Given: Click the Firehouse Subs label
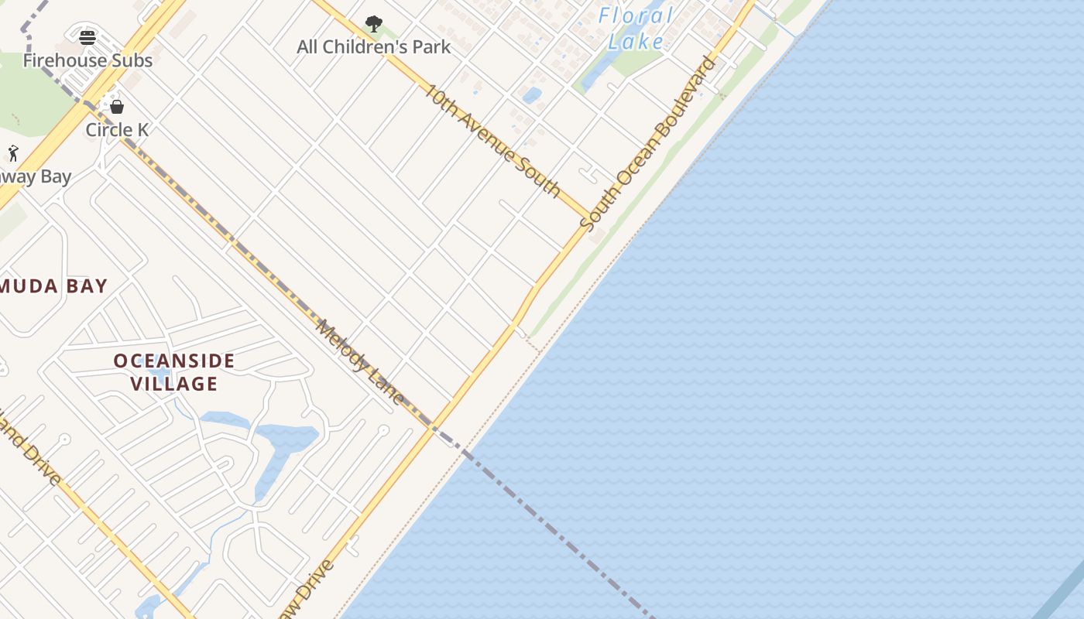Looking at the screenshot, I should click(x=87, y=60).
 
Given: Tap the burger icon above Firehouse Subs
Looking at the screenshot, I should click(x=87, y=38).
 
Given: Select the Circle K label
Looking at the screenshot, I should click(x=117, y=130).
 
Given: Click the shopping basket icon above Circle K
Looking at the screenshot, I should click(x=117, y=107).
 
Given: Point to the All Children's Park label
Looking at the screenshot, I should click(x=373, y=47).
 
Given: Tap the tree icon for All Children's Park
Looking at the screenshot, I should click(x=373, y=24).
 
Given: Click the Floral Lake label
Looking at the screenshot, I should click(x=636, y=29).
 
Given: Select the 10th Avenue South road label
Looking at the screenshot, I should click(x=492, y=139).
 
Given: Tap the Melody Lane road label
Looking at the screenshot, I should click(x=360, y=362).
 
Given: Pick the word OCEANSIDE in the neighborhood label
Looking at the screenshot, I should click(x=174, y=361).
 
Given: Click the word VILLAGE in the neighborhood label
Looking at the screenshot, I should click(x=174, y=384).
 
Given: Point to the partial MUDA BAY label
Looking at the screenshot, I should click(x=53, y=286).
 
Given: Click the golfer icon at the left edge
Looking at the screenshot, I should click(x=12, y=152).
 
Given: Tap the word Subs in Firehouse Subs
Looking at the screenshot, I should click(x=133, y=60).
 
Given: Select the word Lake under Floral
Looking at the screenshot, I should click(x=636, y=42).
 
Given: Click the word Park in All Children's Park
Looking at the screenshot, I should click(x=431, y=47).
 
